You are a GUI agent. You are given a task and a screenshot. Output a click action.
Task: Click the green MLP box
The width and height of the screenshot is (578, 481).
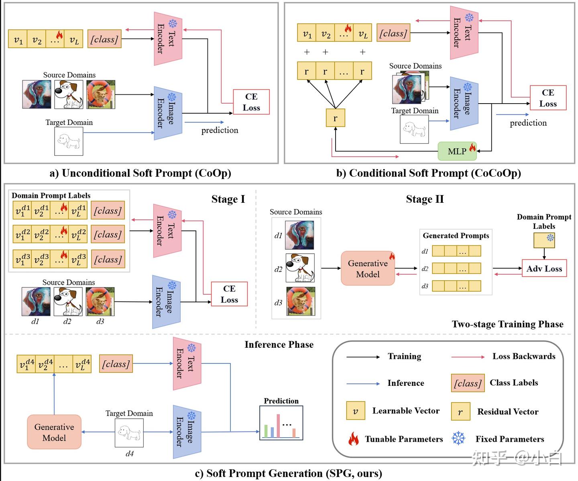click(x=457, y=151)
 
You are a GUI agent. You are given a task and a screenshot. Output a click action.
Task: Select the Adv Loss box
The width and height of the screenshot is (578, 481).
click(x=544, y=269)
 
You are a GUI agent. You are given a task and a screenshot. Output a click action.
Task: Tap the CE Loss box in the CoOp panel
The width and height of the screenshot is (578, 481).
click(x=251, y=102)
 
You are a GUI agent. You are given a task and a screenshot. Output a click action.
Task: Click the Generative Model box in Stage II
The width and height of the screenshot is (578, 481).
click(x=368, y=269)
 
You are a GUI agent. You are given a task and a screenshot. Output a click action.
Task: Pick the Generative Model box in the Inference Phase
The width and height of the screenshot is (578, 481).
click(x=54, y=432)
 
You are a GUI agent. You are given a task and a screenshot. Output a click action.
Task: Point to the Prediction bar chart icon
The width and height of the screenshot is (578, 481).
click(x=281, y=423)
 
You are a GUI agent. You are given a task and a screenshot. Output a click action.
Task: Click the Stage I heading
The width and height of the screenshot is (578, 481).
click(x=228, y=199)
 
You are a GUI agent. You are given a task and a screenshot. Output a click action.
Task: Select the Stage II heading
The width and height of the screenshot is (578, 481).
click(x=425, y=199)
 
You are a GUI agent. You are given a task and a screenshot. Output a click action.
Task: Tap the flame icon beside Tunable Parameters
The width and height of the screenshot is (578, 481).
click(x=353, y=439)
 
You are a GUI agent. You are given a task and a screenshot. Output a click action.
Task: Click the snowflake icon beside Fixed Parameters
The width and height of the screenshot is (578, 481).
click(x=458, y=438)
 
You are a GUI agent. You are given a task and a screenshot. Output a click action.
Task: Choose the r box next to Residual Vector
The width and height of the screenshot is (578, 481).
click(x=460, y=412)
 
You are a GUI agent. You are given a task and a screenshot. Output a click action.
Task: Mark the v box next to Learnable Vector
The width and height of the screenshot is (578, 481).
click(x=356, y=411)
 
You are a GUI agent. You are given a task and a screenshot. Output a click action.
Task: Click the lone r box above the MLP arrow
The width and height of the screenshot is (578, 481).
click(x=335, y=118)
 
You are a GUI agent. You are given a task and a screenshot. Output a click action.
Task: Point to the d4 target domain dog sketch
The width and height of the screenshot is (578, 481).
click(x=129, y=432)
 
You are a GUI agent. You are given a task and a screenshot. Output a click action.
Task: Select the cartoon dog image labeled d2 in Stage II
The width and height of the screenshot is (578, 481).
click(x=300, y=268)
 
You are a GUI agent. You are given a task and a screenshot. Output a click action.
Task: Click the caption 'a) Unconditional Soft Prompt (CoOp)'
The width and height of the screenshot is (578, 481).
click(x=140, y=173)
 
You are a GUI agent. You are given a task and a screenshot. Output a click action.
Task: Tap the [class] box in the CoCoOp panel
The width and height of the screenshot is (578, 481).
click(x=393, y=33)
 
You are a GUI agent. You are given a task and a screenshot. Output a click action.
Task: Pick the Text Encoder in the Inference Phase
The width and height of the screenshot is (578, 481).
click(x=187, y=363)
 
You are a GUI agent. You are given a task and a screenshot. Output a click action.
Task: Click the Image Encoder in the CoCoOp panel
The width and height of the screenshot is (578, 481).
click(x=464, y=104)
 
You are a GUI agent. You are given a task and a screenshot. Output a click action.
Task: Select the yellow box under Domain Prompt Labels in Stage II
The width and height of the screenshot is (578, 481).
click(x=544, y=240)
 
